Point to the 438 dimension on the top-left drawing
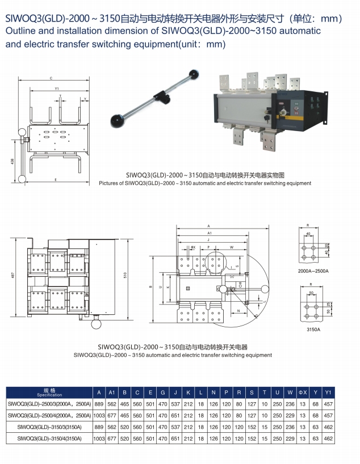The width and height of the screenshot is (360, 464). click(12, 162)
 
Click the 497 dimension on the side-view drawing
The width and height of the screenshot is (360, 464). click(13, 276)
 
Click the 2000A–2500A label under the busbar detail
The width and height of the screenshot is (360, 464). click(313, 272)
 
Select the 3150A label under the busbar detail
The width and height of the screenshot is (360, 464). click(313, 328)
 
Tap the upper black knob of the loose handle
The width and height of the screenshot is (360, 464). click(195, 74)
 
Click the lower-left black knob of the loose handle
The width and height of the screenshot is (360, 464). click(119, 119)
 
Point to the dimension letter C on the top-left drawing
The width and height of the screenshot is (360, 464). click(51, 77)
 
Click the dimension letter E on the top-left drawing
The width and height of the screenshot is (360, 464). click(55, 180)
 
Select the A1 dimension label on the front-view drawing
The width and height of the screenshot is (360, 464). click(209, 233)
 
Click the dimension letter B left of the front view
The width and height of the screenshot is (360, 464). click(150, 287)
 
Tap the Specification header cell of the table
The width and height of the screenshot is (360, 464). click(49, 393)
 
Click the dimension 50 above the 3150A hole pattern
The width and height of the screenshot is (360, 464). click(312, 293)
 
